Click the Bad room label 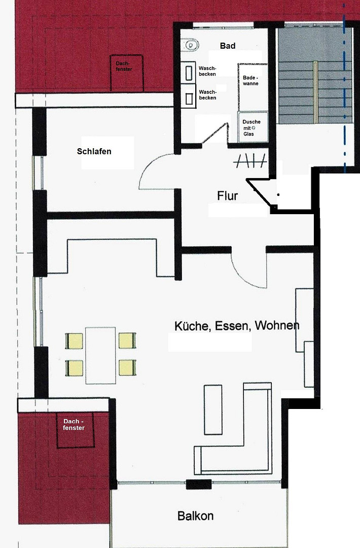[228, 46]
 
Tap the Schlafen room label [94, 151]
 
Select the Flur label [227, 196]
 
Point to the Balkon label [195, 516]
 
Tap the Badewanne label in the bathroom [250, 80]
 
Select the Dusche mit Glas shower [253, 127]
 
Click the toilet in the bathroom [190, 45]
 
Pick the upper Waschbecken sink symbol [189, 73]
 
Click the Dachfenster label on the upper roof [124, 66]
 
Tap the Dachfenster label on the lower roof [74, 424]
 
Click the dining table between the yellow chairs [100, 355]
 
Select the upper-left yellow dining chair [75, 341]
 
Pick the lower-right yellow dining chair [127, 368]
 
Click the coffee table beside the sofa [213, 409]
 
